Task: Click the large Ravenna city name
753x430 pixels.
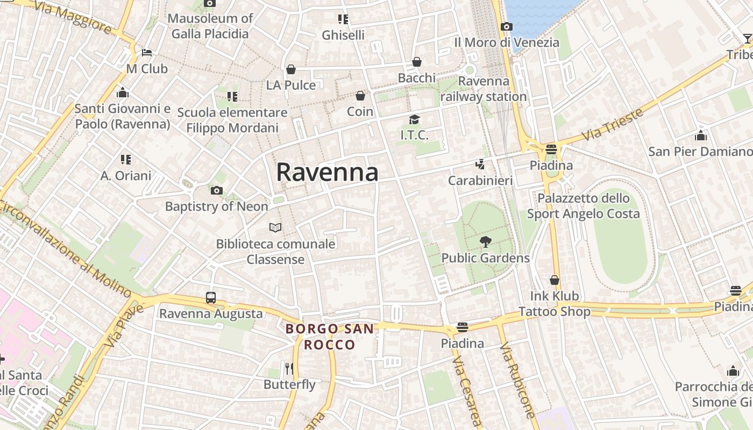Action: [327, 173]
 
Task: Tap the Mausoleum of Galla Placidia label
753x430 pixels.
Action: [210, 26]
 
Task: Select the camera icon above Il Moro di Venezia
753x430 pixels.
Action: [506, 26]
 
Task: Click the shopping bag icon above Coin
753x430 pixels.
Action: [360, 96]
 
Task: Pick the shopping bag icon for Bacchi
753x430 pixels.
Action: [416, 62]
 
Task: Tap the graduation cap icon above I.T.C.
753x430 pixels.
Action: [414, 119]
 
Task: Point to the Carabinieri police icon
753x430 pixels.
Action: [480, 164]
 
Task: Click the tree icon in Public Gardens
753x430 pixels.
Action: [485, 242]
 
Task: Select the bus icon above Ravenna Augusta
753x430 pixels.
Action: [211, 298]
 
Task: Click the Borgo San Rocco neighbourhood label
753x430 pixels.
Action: [329, 336]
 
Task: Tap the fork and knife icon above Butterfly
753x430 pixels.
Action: [289, 368]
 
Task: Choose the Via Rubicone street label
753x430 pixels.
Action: [517, 379]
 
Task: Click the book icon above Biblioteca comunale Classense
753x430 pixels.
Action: [275, 228]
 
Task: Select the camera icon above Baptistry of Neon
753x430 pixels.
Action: [217, 190]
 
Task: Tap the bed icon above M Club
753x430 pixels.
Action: [147, 53]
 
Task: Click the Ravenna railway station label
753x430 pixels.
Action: [484, 89]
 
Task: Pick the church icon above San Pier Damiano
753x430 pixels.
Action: [701, 135]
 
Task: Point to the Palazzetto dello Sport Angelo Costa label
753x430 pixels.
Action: [584, 206]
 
